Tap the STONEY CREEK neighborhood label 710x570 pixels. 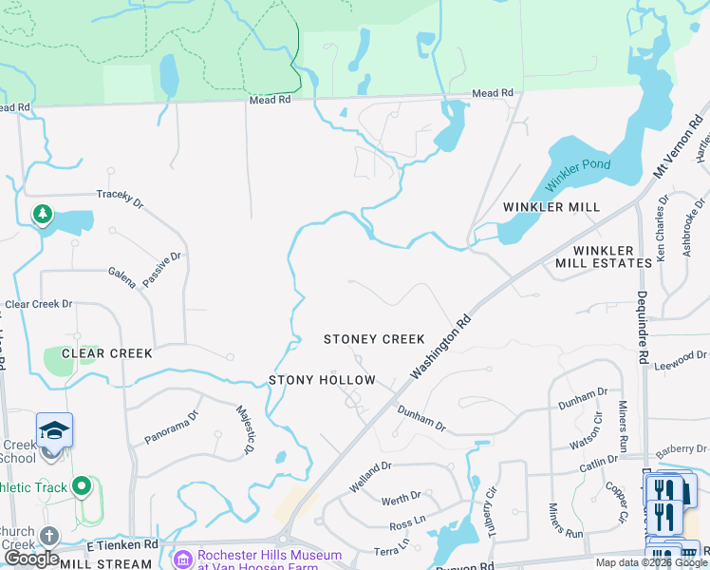[374, 339]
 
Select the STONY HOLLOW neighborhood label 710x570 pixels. [322, 380]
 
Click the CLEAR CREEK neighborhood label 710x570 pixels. [107, 353]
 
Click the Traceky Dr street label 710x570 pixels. [120, 197]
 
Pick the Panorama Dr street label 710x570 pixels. [172, 427]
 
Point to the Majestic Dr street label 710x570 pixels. [243, 430]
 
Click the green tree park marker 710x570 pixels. [42, 215]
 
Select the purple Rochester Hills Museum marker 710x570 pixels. [183, 559]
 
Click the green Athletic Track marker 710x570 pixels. [82, 487]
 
